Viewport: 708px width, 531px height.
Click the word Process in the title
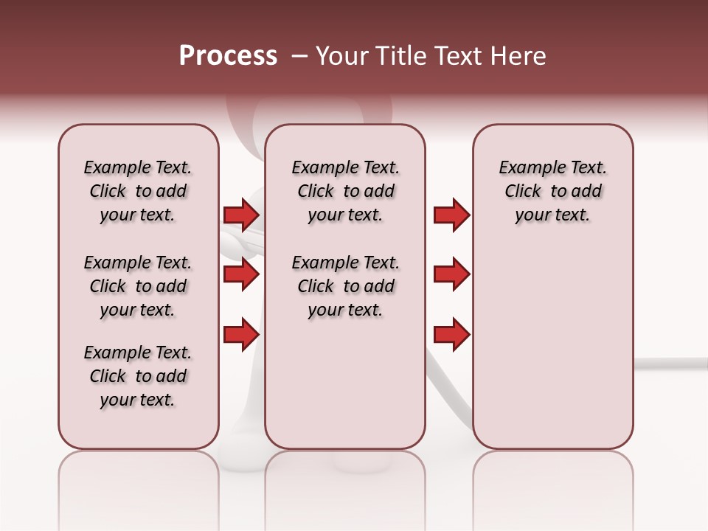(228, 56)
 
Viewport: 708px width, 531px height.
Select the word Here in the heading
(519, 56)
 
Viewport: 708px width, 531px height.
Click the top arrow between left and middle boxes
(240, 215)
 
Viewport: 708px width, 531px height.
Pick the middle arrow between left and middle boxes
(240, 275)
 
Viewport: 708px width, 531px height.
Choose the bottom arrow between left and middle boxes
(240, 334)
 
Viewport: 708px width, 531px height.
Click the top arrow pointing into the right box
(451, 215)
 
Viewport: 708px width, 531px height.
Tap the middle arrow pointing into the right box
(451, 275)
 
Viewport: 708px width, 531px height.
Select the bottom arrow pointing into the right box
(451, 334)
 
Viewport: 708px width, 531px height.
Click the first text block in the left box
(138, 191)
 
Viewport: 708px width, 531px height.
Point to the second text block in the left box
(138, 286)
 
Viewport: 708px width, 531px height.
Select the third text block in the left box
(138, 376)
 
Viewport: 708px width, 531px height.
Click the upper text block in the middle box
(345, 191)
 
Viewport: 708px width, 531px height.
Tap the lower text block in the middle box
(345, 286)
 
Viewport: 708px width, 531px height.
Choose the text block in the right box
(553, 191)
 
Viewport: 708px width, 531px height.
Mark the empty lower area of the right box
(553, 339)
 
